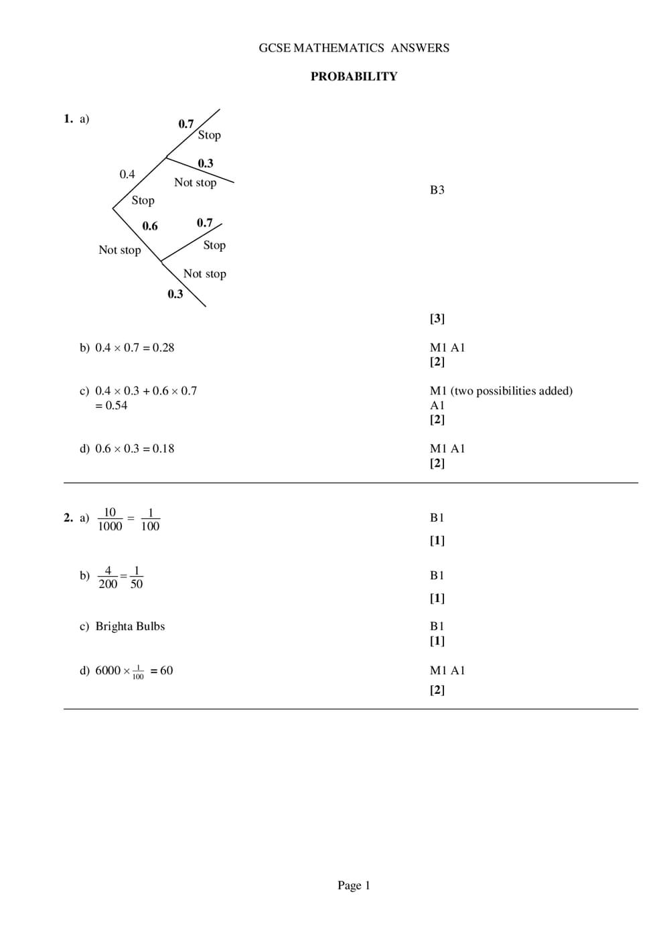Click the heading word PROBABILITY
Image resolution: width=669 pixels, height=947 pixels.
(354, 76)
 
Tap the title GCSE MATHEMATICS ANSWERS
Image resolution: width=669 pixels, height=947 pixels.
(354, 48)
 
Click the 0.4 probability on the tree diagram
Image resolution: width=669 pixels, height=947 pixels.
(127, 174)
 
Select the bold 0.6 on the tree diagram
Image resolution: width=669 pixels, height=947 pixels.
(150, 226)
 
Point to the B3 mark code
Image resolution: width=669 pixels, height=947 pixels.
(437, 190)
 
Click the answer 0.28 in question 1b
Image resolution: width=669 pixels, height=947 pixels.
(163, 348)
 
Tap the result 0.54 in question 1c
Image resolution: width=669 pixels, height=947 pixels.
(117, 405)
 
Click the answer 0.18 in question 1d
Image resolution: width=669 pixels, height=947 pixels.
(163, 449)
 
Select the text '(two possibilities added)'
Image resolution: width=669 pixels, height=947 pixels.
(512, 390)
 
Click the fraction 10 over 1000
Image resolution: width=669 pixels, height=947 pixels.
(110, 519)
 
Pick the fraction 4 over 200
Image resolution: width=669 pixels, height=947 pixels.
(108, 577)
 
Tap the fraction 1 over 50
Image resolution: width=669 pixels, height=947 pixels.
(137, 577)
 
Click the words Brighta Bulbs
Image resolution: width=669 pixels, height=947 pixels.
(130, 626)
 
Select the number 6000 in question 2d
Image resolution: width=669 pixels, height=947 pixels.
(108, 670)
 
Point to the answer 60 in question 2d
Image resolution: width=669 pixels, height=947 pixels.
(166, 670)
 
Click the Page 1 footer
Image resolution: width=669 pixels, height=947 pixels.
(354, 885)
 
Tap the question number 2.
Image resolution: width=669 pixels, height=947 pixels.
(68, 518)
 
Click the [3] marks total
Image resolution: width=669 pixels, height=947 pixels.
(437, 319)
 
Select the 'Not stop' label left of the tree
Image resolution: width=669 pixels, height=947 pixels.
(120, 250)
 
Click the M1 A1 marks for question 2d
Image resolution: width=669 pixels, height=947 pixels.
(447, 670)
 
